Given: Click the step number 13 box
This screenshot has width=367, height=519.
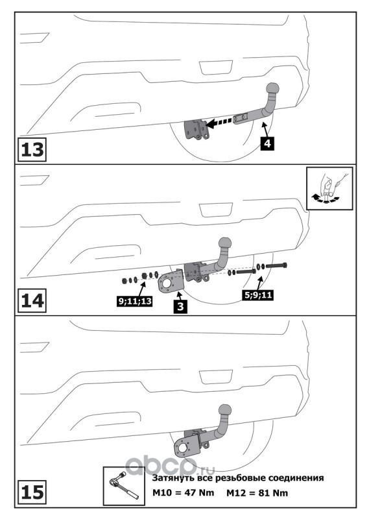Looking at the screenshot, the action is pos(32,150).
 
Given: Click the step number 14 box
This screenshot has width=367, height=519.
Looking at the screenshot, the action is pos(32,301).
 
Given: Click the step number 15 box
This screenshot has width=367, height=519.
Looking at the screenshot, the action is pos(32,492).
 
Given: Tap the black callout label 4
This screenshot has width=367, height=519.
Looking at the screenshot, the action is pos(267,143).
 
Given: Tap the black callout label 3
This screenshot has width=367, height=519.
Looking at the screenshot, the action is pos(180,306).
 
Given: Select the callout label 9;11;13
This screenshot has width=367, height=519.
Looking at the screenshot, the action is pos(135,300).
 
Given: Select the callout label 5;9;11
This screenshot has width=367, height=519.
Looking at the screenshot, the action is pos(259,295).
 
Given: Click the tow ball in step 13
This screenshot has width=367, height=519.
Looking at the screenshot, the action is pos(272,89).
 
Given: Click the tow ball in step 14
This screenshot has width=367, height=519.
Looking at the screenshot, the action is pos(225,243).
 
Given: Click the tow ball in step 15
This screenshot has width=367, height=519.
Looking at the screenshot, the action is pos(225,409).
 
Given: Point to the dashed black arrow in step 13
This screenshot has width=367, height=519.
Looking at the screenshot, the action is pos(219,123).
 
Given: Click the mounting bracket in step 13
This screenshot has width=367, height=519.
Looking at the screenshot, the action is pos(196,130).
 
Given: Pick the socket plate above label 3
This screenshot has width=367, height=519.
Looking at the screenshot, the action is pos(171,282).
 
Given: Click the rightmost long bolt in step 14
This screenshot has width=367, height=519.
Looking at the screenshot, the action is pos(276,265).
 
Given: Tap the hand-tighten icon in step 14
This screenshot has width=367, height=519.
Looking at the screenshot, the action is pos(329,188).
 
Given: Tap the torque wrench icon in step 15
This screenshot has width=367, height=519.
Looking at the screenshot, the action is pos(124,486).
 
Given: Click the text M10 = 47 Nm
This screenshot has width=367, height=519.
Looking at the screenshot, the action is pos(183,493).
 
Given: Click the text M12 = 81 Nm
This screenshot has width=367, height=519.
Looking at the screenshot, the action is pos(257,493).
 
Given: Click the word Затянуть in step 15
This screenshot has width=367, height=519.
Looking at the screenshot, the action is pos(171,478).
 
